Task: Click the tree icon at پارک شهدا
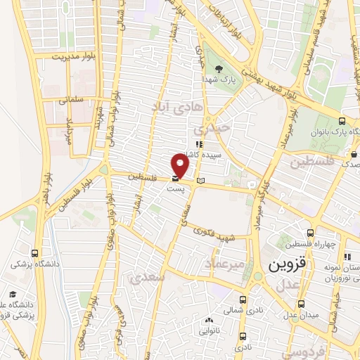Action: point(219,68)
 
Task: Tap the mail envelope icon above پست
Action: point(175,178)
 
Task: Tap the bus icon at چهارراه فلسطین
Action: point(310,233)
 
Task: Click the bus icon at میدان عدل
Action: point(302,304)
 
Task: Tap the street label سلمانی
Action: point(70,101)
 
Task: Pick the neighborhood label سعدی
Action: point(148,278)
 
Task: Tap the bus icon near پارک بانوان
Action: point(341,120)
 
